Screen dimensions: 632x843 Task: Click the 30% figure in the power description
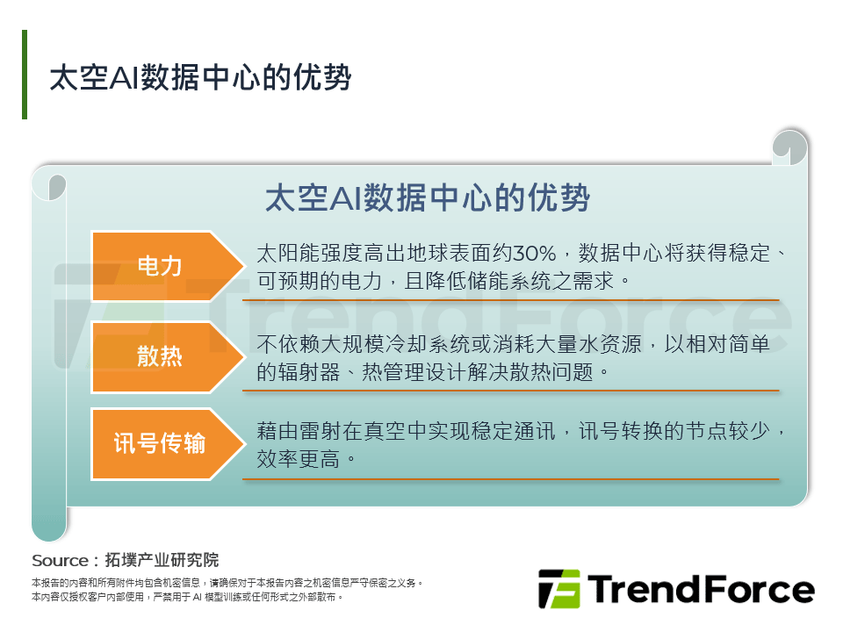coord(535,255)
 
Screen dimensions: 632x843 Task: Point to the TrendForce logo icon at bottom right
coord(558,589)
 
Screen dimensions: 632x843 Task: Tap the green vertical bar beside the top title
coord(25,75)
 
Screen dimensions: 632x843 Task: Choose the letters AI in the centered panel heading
coord(342,198)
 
